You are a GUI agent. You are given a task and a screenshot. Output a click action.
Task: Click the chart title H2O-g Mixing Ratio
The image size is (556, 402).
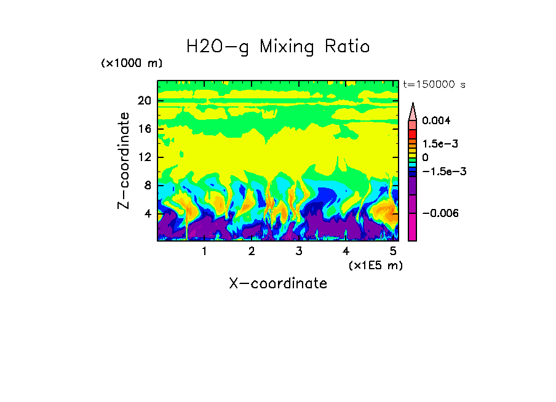coord(278,47)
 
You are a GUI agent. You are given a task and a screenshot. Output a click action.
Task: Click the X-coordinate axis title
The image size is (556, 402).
coord(278,283)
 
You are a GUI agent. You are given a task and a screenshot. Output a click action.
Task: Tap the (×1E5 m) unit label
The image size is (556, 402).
coord(375,265)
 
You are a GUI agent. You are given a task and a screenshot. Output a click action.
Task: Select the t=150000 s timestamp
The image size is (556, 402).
coord(434,84)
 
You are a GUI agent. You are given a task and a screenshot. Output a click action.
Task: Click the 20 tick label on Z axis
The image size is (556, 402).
coord(144,101)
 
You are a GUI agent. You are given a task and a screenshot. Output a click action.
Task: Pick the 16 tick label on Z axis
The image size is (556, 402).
coord(144,130)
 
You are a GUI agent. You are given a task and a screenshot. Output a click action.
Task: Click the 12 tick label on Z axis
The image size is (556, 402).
coord(144,157)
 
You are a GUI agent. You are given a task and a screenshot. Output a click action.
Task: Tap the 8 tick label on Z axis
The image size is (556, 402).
coord(147,186)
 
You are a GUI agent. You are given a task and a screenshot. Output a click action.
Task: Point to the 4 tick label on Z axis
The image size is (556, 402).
coord(147,213)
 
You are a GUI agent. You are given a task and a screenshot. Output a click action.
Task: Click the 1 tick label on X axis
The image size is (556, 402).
coord(204,251)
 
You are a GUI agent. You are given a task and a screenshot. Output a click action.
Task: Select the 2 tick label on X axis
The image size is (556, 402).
coord(252,251)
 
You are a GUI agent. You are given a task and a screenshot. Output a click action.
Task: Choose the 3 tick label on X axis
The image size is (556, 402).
coord(298,251)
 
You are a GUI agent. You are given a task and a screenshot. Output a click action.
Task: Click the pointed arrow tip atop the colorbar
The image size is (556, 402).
coord(413,105)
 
